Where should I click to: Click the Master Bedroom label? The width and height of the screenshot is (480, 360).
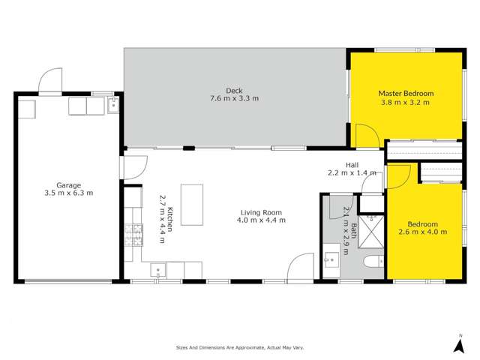pos(406,94)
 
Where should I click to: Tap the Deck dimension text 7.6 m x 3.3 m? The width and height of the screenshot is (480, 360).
pos(232,98)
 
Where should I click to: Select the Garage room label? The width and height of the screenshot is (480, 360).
pos(68,184)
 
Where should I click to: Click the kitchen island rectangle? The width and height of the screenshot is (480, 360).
pos(192,205)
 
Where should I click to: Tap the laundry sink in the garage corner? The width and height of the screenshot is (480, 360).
pos(113,106)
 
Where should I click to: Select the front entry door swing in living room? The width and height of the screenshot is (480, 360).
pos(301,267)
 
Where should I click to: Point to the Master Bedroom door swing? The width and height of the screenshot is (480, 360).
pos(367,136)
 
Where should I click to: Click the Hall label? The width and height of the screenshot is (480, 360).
pos(352,165)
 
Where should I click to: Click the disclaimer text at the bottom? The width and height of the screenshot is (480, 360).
pos(239,348)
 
